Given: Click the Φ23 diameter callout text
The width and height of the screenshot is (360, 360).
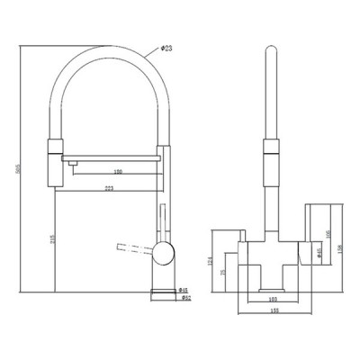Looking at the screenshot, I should pyautogui.click(x=167, y=48).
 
